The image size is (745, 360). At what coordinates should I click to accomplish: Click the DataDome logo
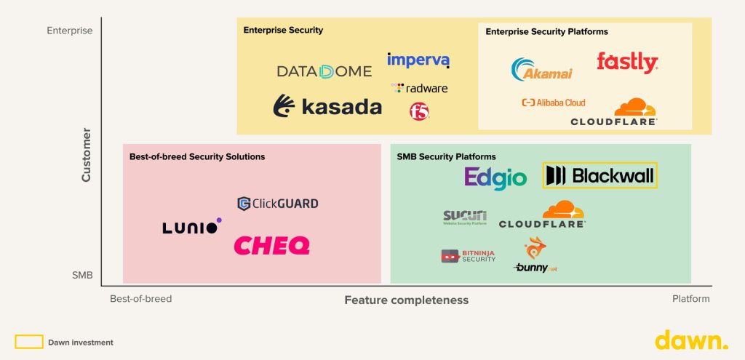324,71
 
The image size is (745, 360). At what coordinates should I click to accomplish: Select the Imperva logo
418,60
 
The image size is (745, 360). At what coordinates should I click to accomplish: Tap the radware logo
420,88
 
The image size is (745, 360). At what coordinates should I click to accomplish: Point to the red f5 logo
419,111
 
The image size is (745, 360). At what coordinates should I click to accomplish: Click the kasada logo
327,107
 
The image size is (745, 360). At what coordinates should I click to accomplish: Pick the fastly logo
626,63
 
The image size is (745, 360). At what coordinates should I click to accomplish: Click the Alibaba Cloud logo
554,103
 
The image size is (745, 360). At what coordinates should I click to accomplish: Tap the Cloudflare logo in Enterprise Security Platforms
615,113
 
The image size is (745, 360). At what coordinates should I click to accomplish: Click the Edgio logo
495,177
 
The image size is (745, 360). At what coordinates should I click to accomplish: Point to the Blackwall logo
600,175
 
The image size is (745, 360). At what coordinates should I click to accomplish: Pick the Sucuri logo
465,217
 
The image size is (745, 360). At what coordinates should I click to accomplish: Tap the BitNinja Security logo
469,256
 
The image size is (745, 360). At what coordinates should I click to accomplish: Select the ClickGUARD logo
278,204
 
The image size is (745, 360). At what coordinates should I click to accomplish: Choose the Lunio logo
191,227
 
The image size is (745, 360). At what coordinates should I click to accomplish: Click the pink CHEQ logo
271,246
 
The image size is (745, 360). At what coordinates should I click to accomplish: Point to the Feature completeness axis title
406,300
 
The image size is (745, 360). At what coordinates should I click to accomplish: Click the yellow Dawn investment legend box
29,342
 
